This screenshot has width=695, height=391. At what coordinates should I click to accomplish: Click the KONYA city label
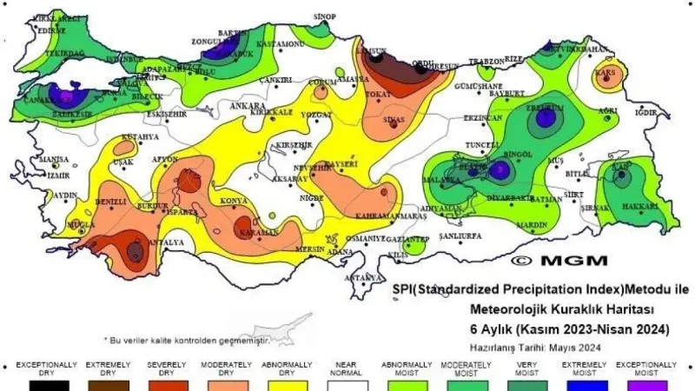pos(234,202)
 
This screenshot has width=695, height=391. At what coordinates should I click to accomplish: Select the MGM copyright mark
pos(559,260)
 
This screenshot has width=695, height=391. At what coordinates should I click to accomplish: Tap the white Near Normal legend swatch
pos(346,385)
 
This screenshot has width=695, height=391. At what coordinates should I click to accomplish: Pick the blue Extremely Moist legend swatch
pos(583,385)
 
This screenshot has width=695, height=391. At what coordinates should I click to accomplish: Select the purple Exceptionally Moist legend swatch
pos(643,385)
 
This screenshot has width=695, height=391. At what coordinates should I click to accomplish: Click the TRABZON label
pos(486,62)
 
